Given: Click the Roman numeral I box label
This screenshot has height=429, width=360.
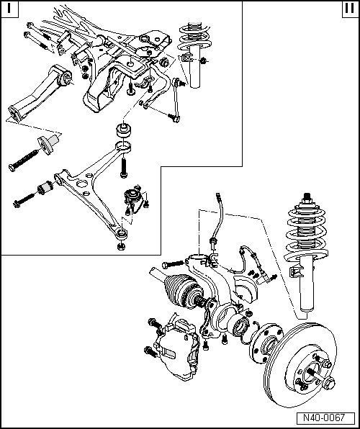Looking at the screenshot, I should coord(10,9).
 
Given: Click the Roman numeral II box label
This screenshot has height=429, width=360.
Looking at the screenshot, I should coord(348,9).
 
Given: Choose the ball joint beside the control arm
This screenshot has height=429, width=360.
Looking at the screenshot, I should coord(135,197).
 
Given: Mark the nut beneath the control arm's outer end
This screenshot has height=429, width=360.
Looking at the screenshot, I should coord(120,245).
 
